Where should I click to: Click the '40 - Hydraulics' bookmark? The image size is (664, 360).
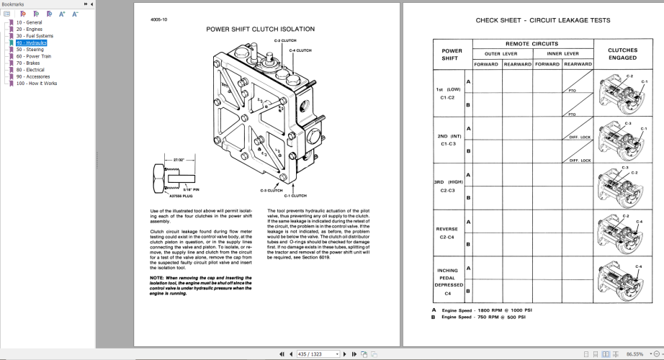(x=31, y=42)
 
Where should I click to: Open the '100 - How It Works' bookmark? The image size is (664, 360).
(x=36, y=84)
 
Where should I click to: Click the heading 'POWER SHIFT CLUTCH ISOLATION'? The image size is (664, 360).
(x=260, y=30)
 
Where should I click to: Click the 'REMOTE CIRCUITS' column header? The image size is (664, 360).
(x=531, y=44)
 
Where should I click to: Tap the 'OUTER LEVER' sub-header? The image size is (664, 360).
(x=502, y=53)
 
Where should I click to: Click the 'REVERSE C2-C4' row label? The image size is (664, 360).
(x=447, y=233)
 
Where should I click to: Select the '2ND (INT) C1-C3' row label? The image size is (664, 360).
(x=449, y=140)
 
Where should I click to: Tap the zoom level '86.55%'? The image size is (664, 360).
(x=635, y=354)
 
